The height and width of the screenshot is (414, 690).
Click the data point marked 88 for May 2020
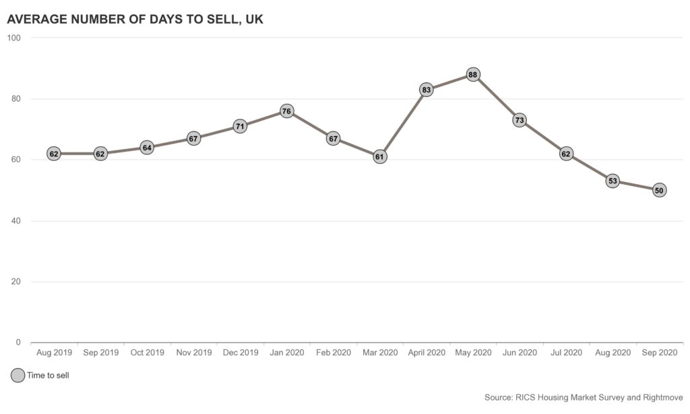[x=473, y=74]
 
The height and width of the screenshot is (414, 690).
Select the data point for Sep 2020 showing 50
[x=659, y=190]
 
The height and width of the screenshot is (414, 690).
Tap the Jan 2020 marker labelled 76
[x=286, y=111]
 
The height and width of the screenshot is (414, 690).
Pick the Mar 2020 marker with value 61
[x=380, y=156]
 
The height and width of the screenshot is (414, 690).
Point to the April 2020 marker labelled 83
[x=427, y=90]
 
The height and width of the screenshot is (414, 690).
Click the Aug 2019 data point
[x=54, y=154]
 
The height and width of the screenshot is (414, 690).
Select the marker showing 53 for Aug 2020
[x=613, y=181]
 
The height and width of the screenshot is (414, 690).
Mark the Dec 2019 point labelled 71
[x=240, y=126]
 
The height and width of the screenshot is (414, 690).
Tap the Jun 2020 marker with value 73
[x=520, y=120]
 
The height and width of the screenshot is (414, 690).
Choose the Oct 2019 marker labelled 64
[x=147, y=147]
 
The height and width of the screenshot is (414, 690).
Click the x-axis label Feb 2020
[x=333, y=353]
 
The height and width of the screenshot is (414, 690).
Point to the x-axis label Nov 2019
[x=193, y=353]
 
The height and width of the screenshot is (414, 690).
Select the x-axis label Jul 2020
[x=566, y=353]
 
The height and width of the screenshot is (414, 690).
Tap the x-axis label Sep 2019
[x=100, y=353]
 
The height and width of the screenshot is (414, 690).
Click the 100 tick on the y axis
[x=14, y=38]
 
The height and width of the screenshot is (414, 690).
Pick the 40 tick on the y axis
[x=16, y=221]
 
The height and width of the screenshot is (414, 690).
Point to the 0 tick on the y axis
[x=19, y=343]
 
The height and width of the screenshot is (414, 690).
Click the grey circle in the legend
[x=18, y=376]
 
